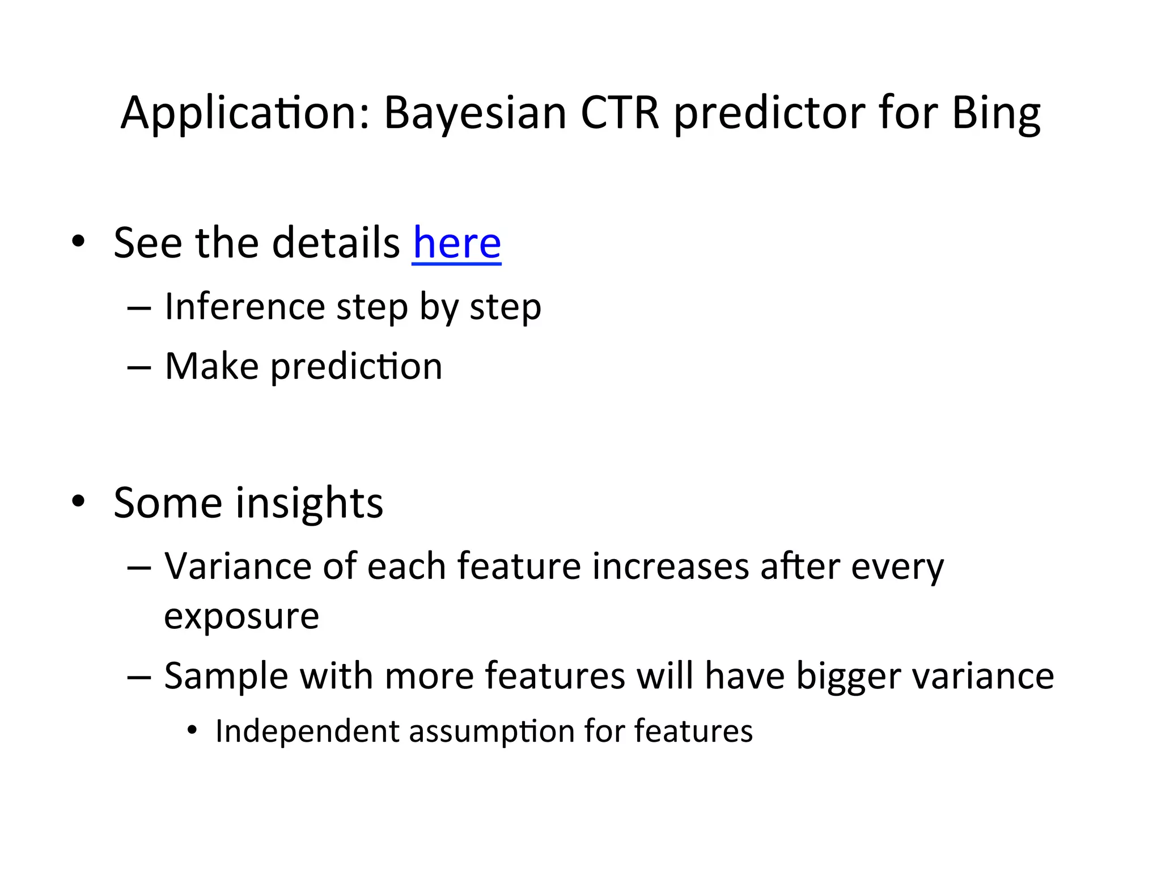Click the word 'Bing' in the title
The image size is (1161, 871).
[x=996, y=113]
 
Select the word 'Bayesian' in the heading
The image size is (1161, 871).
[x=475, y=113]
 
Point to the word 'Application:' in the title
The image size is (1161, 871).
[x=245, y=113]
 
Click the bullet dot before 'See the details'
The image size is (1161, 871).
[x=78, y=242]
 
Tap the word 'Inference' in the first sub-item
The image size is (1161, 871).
[x=244, y=307]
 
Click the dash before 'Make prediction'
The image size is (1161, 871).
[x=139, y=367]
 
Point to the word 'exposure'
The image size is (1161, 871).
[x=241, y=617]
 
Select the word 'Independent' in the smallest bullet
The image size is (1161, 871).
[x=307, y=731]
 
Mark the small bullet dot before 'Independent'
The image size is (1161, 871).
[x=193, y=730]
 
